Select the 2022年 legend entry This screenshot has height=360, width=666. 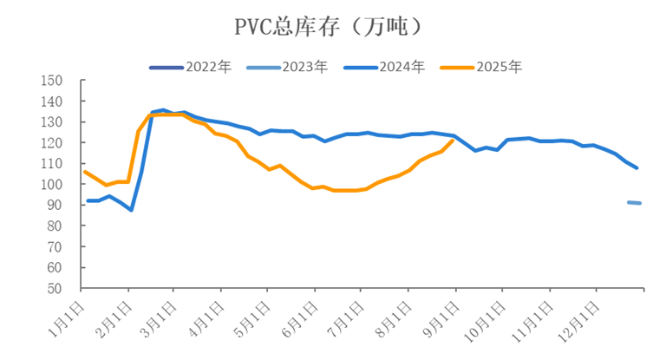190,67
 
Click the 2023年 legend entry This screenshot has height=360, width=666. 287,67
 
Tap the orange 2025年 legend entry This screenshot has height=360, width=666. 481,67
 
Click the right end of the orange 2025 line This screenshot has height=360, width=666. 454,140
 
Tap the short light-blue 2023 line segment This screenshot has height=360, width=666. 634,203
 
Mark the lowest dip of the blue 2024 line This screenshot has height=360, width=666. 132,210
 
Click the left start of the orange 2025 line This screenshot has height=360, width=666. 84,171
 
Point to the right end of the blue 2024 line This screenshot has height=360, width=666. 637,167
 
